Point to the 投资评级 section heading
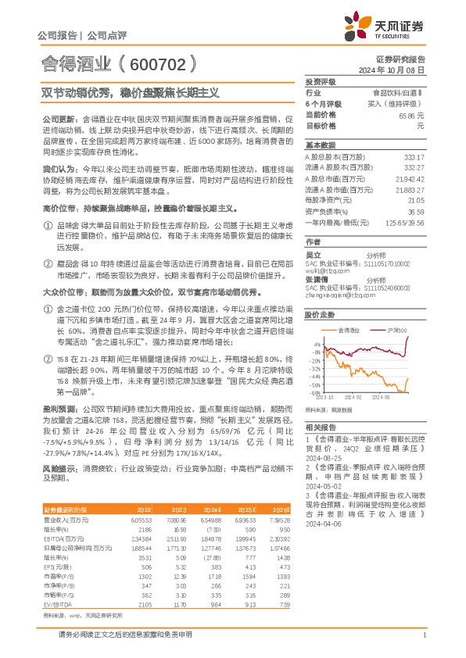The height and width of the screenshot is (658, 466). click(319, 81)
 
